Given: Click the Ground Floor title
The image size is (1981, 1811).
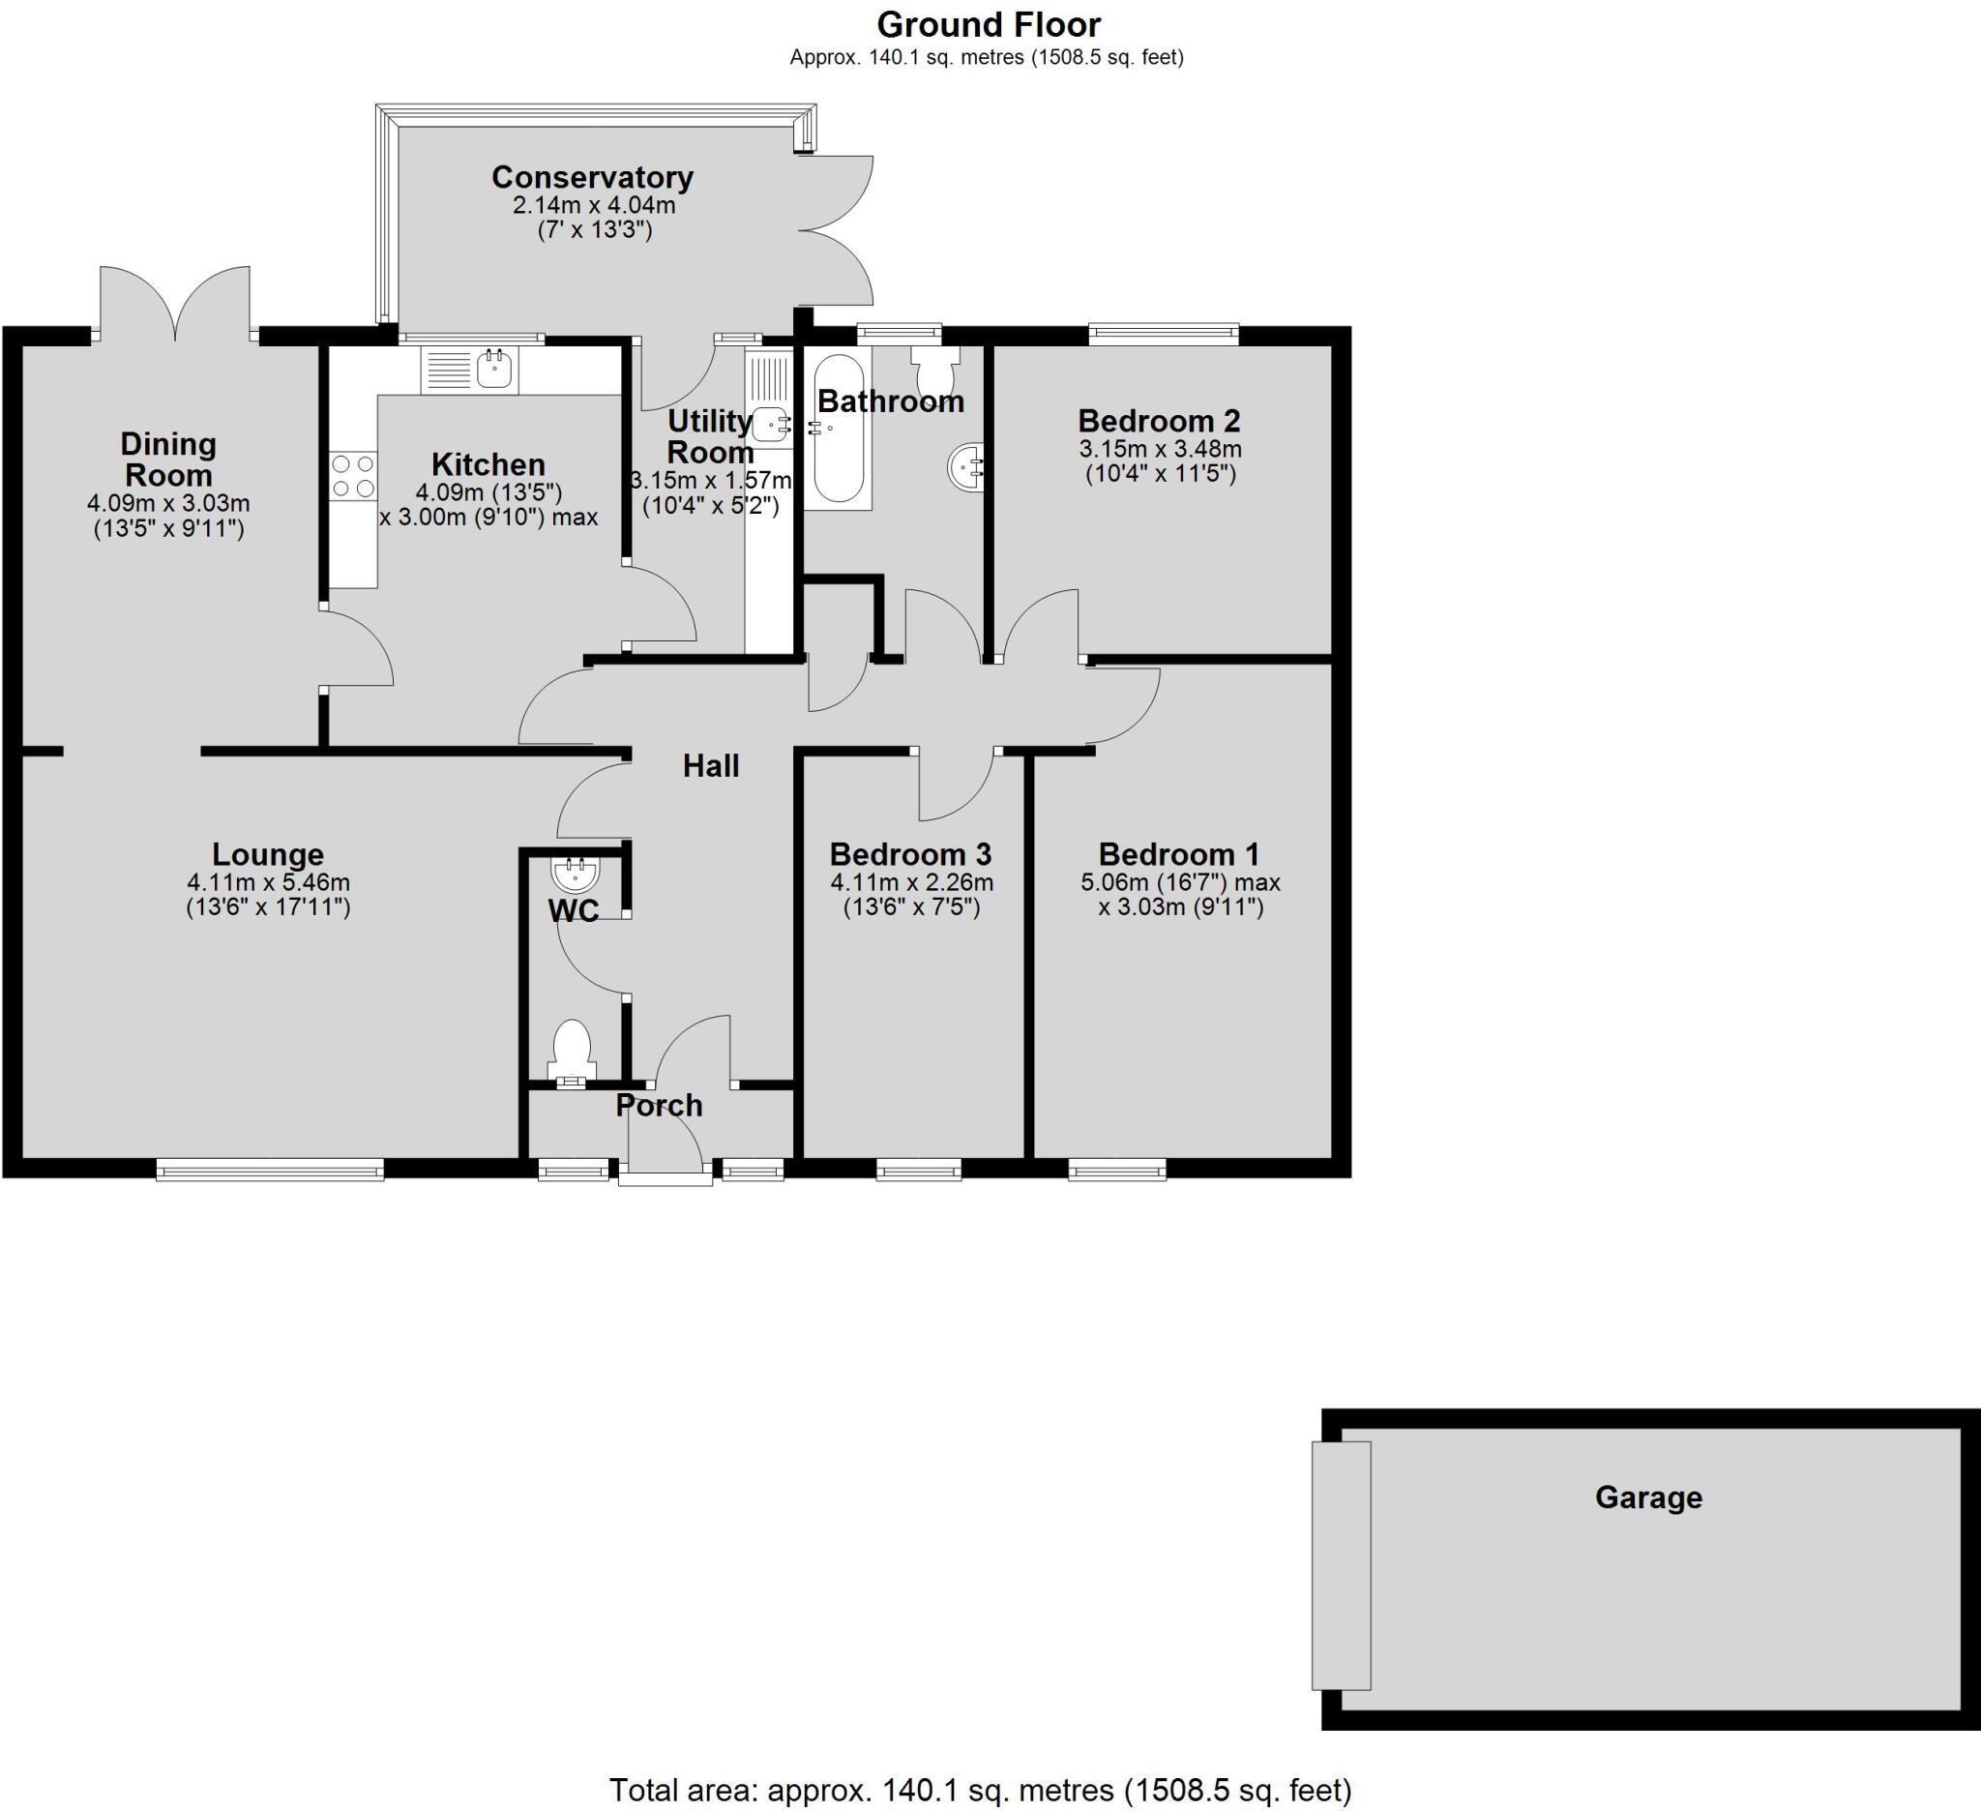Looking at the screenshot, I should (988, 24).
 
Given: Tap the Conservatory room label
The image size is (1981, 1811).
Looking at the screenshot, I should (593, 178).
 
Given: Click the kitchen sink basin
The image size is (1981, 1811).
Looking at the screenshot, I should (494, 370).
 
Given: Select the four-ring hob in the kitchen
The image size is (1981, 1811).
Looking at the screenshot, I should (353, 476).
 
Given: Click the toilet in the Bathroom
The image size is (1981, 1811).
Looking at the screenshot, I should (933, 370).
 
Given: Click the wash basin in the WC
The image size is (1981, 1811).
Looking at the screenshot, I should (576, 874).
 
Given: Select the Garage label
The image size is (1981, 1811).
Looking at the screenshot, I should (1648, 1498).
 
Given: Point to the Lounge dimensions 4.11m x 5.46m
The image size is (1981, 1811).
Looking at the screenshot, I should (268, 882).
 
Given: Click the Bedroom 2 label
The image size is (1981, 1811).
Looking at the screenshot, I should (1159, 421).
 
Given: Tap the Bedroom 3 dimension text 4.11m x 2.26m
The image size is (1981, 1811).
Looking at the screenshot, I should (911, 882).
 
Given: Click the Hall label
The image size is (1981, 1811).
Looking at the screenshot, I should (710, 765).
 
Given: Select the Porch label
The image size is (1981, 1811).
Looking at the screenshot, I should (660, 1106).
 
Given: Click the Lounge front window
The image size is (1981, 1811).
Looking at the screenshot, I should (269, 1169).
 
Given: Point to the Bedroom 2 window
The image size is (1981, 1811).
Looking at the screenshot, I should (1163, 335).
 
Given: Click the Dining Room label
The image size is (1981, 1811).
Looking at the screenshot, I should (168, 459).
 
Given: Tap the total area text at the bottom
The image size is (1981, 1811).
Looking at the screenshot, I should (980, 1790).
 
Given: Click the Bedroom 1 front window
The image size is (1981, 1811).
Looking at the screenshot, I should (1117, 1170).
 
